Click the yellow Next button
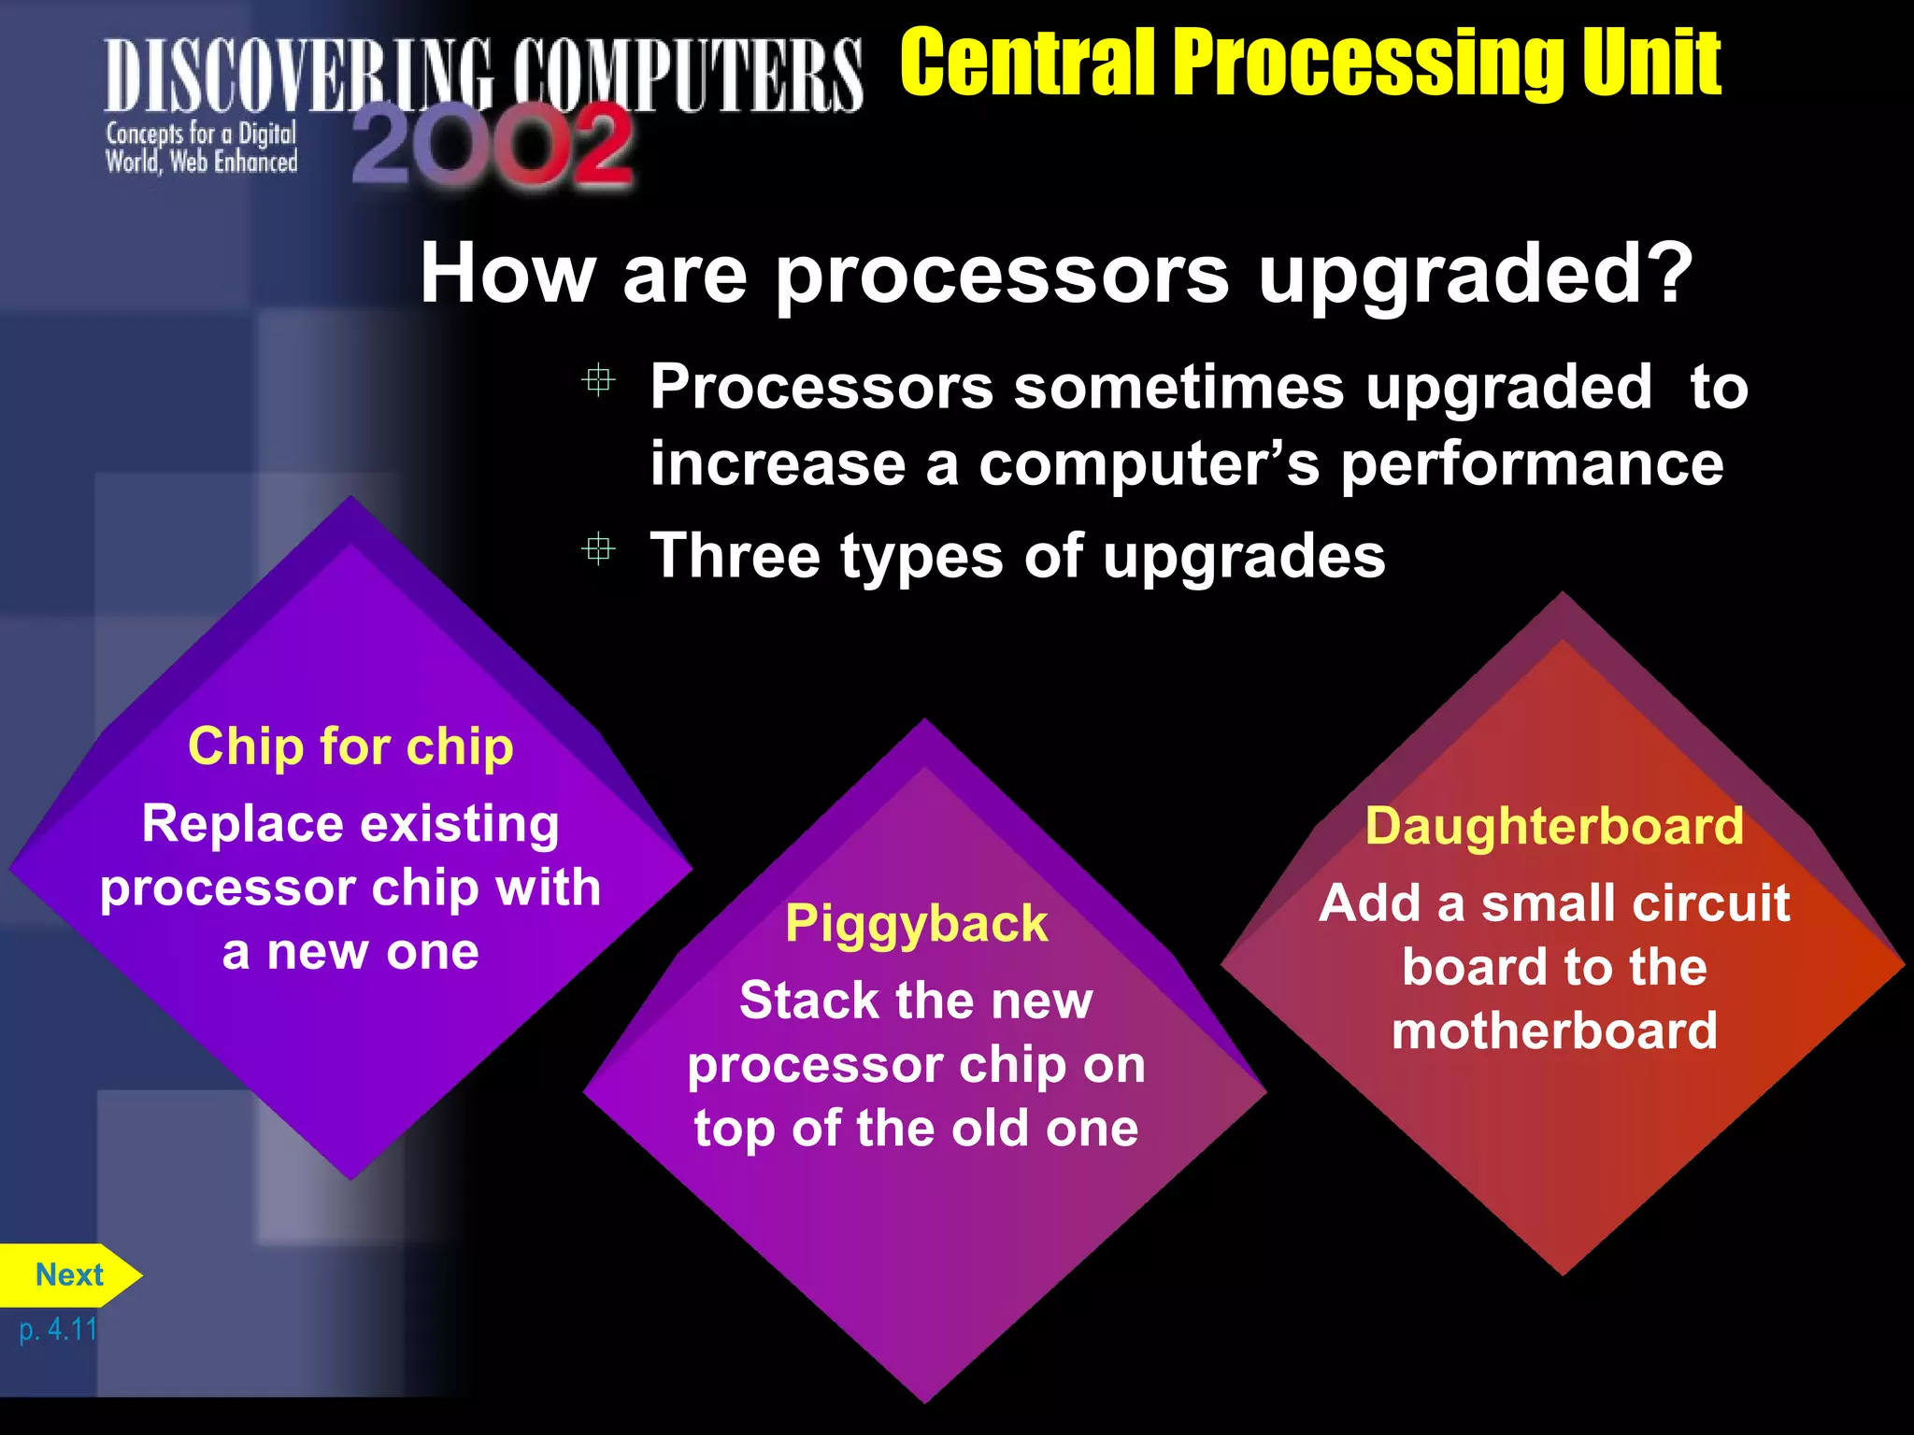(x=69, y=1275)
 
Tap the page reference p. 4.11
(x=58, y=1328)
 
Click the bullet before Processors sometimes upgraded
(x=598, y=380)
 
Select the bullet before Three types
(x=598, y=548)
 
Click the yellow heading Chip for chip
(x=350, y=746)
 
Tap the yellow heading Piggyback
(x=916, y=923)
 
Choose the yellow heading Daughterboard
(x=1554, y=826)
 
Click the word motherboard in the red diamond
(x=1554, y=1030)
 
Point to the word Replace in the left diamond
(x=242, y=825)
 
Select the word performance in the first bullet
(x=1532, y=464)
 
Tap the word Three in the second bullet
(x=736, y=556)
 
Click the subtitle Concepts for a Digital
(x=201, y=135)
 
